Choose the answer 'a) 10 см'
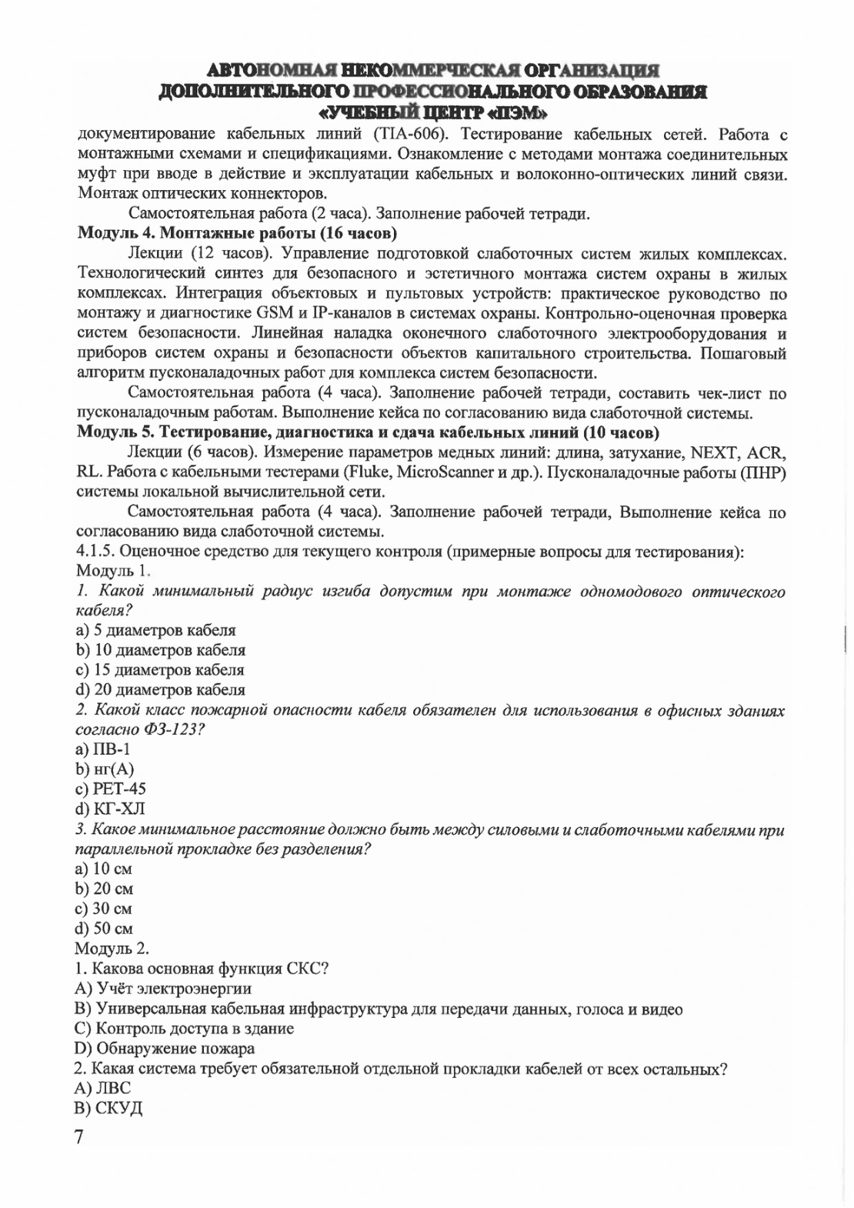point(104,869)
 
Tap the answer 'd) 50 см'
point(105,929)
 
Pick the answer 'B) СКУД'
point(108,1109)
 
